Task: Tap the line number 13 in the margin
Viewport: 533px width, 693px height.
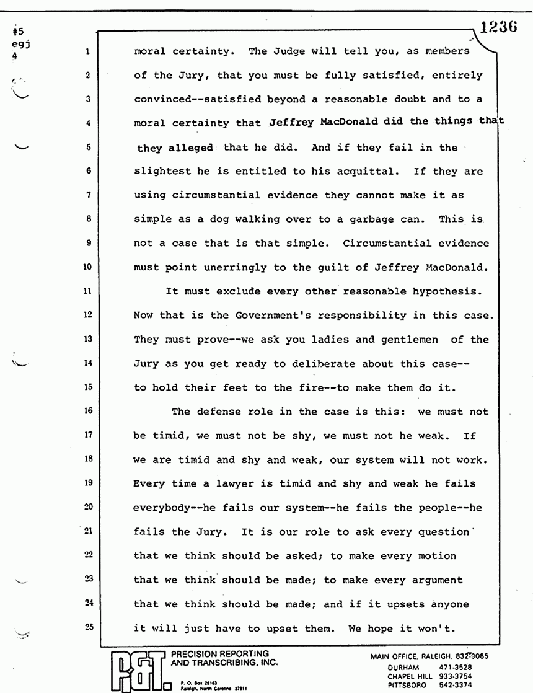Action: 87,340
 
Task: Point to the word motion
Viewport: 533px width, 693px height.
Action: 434,556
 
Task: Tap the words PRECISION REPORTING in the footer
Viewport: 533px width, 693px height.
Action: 219,653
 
